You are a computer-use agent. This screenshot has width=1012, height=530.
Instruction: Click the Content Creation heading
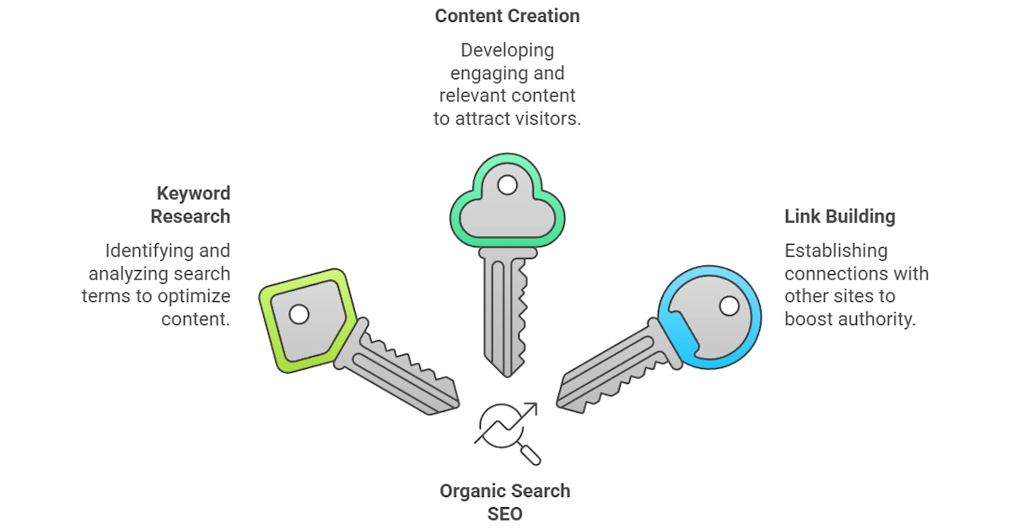tap(507, 16)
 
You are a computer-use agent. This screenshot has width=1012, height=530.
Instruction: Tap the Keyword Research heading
tap(191, 205)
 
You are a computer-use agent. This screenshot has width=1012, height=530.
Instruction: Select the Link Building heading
tap(839, 216)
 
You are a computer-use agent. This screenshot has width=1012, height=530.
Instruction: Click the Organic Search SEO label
tap(504, 501)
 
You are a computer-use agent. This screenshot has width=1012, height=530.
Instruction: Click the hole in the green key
tap(507, 184)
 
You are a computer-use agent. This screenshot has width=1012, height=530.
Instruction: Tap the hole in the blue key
tap(729, 306)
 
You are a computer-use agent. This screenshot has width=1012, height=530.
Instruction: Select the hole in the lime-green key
tap(299, 314)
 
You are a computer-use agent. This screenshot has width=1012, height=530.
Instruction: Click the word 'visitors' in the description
tap(547, 118)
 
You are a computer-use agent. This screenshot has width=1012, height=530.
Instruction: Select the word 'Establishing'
tap(836, 251)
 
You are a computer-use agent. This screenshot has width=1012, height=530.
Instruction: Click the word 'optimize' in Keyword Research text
tap(197, 296)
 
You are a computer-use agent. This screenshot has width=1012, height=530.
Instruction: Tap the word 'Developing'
tap(507, 51)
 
